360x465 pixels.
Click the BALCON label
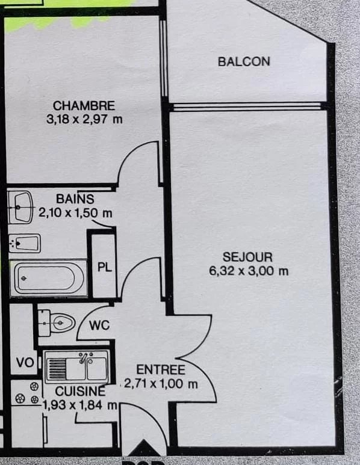tap(244, 61)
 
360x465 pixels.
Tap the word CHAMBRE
tap(84, 106)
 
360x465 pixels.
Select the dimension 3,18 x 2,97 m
tap(84, 120)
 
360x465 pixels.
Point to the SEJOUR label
tap(247, 257)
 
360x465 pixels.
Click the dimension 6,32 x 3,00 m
tap(249, 271)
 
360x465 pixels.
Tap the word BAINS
tap(75, 199)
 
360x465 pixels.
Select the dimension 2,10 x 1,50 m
tap(75, 213)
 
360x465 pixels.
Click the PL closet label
tap(105, 267)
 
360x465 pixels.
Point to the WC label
tap(99, 325)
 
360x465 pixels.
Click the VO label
tap(25, 362)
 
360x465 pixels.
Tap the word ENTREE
tap(161, 370)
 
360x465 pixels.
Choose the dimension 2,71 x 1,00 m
tap(161, 384)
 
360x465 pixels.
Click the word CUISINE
tap(80, 392)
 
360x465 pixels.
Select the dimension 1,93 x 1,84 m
tap(80, 405)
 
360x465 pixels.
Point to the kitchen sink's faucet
tap(84, 357)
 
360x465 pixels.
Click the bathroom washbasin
tap(20, 208)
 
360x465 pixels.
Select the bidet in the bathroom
tap(25, 244)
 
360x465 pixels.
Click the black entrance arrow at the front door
tap(144, 448)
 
